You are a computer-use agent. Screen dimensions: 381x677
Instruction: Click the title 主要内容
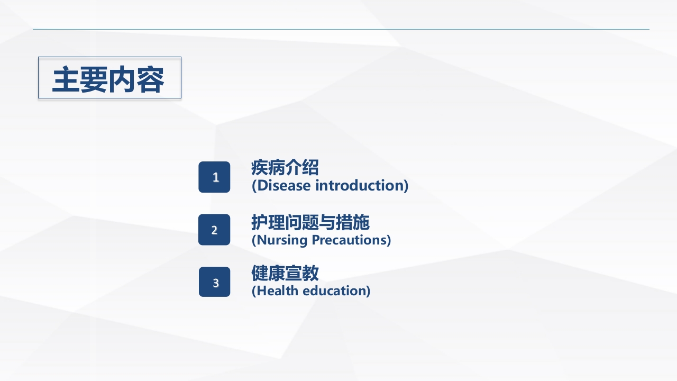(108, 79)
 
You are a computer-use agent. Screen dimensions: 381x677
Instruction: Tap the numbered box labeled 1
(214, 177)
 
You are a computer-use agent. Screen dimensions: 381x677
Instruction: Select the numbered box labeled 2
(214, 230)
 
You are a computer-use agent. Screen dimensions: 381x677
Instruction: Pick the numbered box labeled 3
(214, 282)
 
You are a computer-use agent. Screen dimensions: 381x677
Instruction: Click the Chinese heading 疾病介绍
(285, 168)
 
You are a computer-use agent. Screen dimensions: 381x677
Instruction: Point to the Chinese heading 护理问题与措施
(310, 222)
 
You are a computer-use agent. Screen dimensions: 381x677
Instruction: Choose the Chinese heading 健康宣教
(285, 274)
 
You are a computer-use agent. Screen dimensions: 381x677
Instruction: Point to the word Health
(277, 291)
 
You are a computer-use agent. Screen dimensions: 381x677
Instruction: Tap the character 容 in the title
(151, 79)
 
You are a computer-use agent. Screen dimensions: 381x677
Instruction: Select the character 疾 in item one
(260, 168)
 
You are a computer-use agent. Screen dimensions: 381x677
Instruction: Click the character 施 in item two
(361, 222)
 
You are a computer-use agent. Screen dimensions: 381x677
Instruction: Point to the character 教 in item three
(310, 274)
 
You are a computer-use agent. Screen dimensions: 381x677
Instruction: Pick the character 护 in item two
(260, 222)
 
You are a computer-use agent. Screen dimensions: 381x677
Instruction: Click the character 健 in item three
(260, 274)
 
